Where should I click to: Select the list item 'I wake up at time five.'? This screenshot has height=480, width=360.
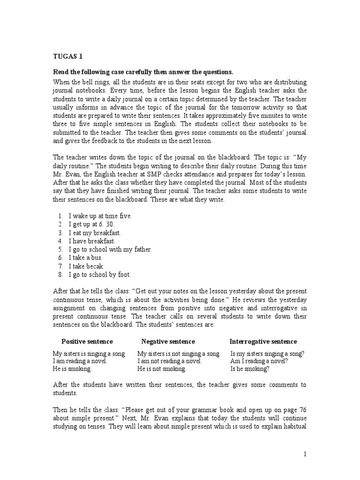[100, 216]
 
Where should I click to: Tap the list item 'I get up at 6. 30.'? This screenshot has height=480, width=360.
[91, 224]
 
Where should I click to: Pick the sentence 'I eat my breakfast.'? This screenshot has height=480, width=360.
[95, 232]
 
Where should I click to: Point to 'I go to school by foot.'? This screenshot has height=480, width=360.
[100, 275]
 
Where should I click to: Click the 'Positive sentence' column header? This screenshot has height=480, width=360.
[87, 342]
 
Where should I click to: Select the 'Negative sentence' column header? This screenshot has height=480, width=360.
[168, 342]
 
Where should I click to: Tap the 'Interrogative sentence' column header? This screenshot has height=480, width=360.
[263, 342]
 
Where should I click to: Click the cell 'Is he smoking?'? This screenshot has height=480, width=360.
[250, 369]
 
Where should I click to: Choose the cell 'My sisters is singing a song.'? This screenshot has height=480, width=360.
[89, 353]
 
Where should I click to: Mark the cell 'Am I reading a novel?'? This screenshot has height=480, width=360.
[259, 361]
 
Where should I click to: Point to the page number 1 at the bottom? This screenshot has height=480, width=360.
[304, 454]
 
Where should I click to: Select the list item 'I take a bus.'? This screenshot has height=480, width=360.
[85, 258]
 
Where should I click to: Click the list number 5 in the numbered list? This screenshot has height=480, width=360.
[60, 249]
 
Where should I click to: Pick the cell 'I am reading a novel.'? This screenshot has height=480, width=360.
[80, 361]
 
